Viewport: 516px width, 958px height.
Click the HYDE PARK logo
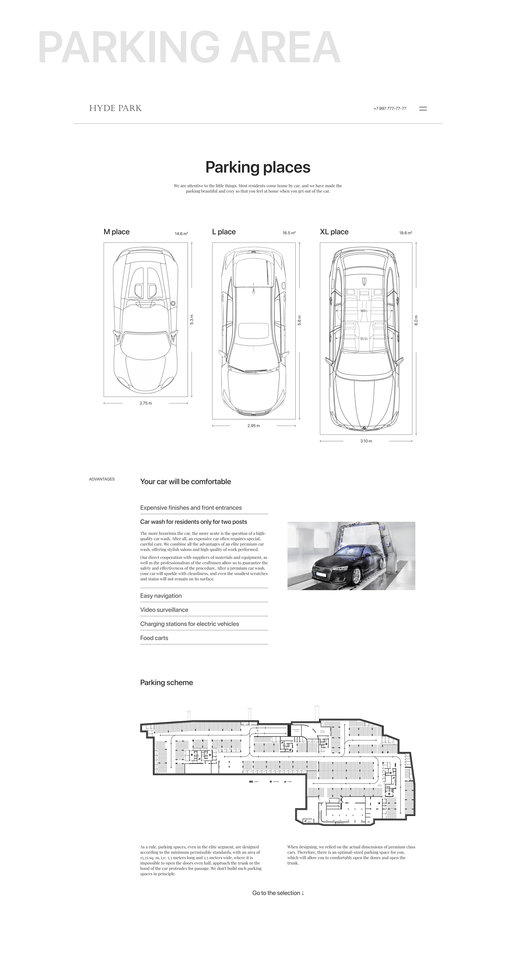[x=115, y=108]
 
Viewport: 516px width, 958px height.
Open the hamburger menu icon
[x=423, y=109]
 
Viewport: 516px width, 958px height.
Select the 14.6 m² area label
[x=181, y=234]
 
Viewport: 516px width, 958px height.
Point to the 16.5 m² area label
[x=289, y=233]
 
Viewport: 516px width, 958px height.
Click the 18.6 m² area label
[x=406, y=233]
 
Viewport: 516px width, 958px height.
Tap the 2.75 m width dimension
[x=146, y=403]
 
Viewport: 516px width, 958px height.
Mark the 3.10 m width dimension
[x=366, y=441]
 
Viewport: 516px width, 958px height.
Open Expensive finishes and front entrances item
[x=191, y=508]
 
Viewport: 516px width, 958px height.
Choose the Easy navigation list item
[x=161, y=596]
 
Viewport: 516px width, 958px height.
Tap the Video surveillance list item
[x=164, y=610]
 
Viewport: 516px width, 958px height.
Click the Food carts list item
[x=154, y=638]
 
